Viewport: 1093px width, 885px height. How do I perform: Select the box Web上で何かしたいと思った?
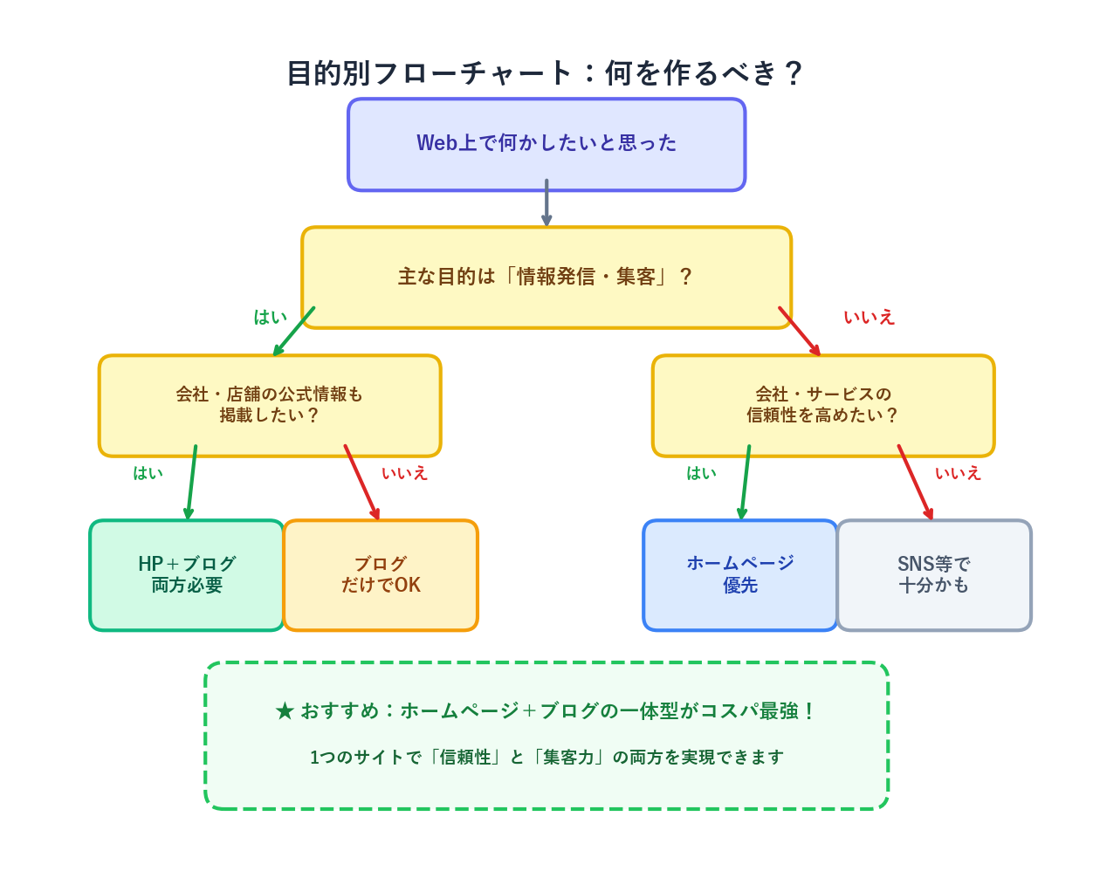coord(546,144)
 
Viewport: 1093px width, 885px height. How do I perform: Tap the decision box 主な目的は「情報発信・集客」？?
coord(546,278)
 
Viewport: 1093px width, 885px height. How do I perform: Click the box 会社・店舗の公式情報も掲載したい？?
coord(270,406)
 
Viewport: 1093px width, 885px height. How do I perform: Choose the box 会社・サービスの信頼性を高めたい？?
coord(823,406)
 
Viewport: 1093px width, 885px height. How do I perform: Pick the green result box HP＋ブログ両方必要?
coord(187,575)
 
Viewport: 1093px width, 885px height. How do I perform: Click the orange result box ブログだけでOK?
coord(381,575)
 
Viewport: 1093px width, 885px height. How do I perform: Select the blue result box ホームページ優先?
coord(740,575)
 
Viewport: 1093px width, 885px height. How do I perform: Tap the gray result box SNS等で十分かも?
coord(934,575)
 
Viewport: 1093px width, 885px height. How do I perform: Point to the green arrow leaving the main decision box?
coord(294,332)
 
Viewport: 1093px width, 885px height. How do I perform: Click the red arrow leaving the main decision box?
coord(799,331)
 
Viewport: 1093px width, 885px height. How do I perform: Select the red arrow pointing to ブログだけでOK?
coord(361,482)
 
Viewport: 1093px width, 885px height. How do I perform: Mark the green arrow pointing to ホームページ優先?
coord(746,482)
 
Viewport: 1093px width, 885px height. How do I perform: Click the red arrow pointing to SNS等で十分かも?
coord(915,482)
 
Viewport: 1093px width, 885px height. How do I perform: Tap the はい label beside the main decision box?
coord(270,318)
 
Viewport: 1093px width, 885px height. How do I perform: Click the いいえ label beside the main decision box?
coord(869,318)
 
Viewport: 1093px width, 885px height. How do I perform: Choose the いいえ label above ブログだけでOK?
coord(404,473)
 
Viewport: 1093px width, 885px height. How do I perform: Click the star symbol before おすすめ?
coord(285,711)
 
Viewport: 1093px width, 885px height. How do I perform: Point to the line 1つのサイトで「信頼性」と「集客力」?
coord(546,758)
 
